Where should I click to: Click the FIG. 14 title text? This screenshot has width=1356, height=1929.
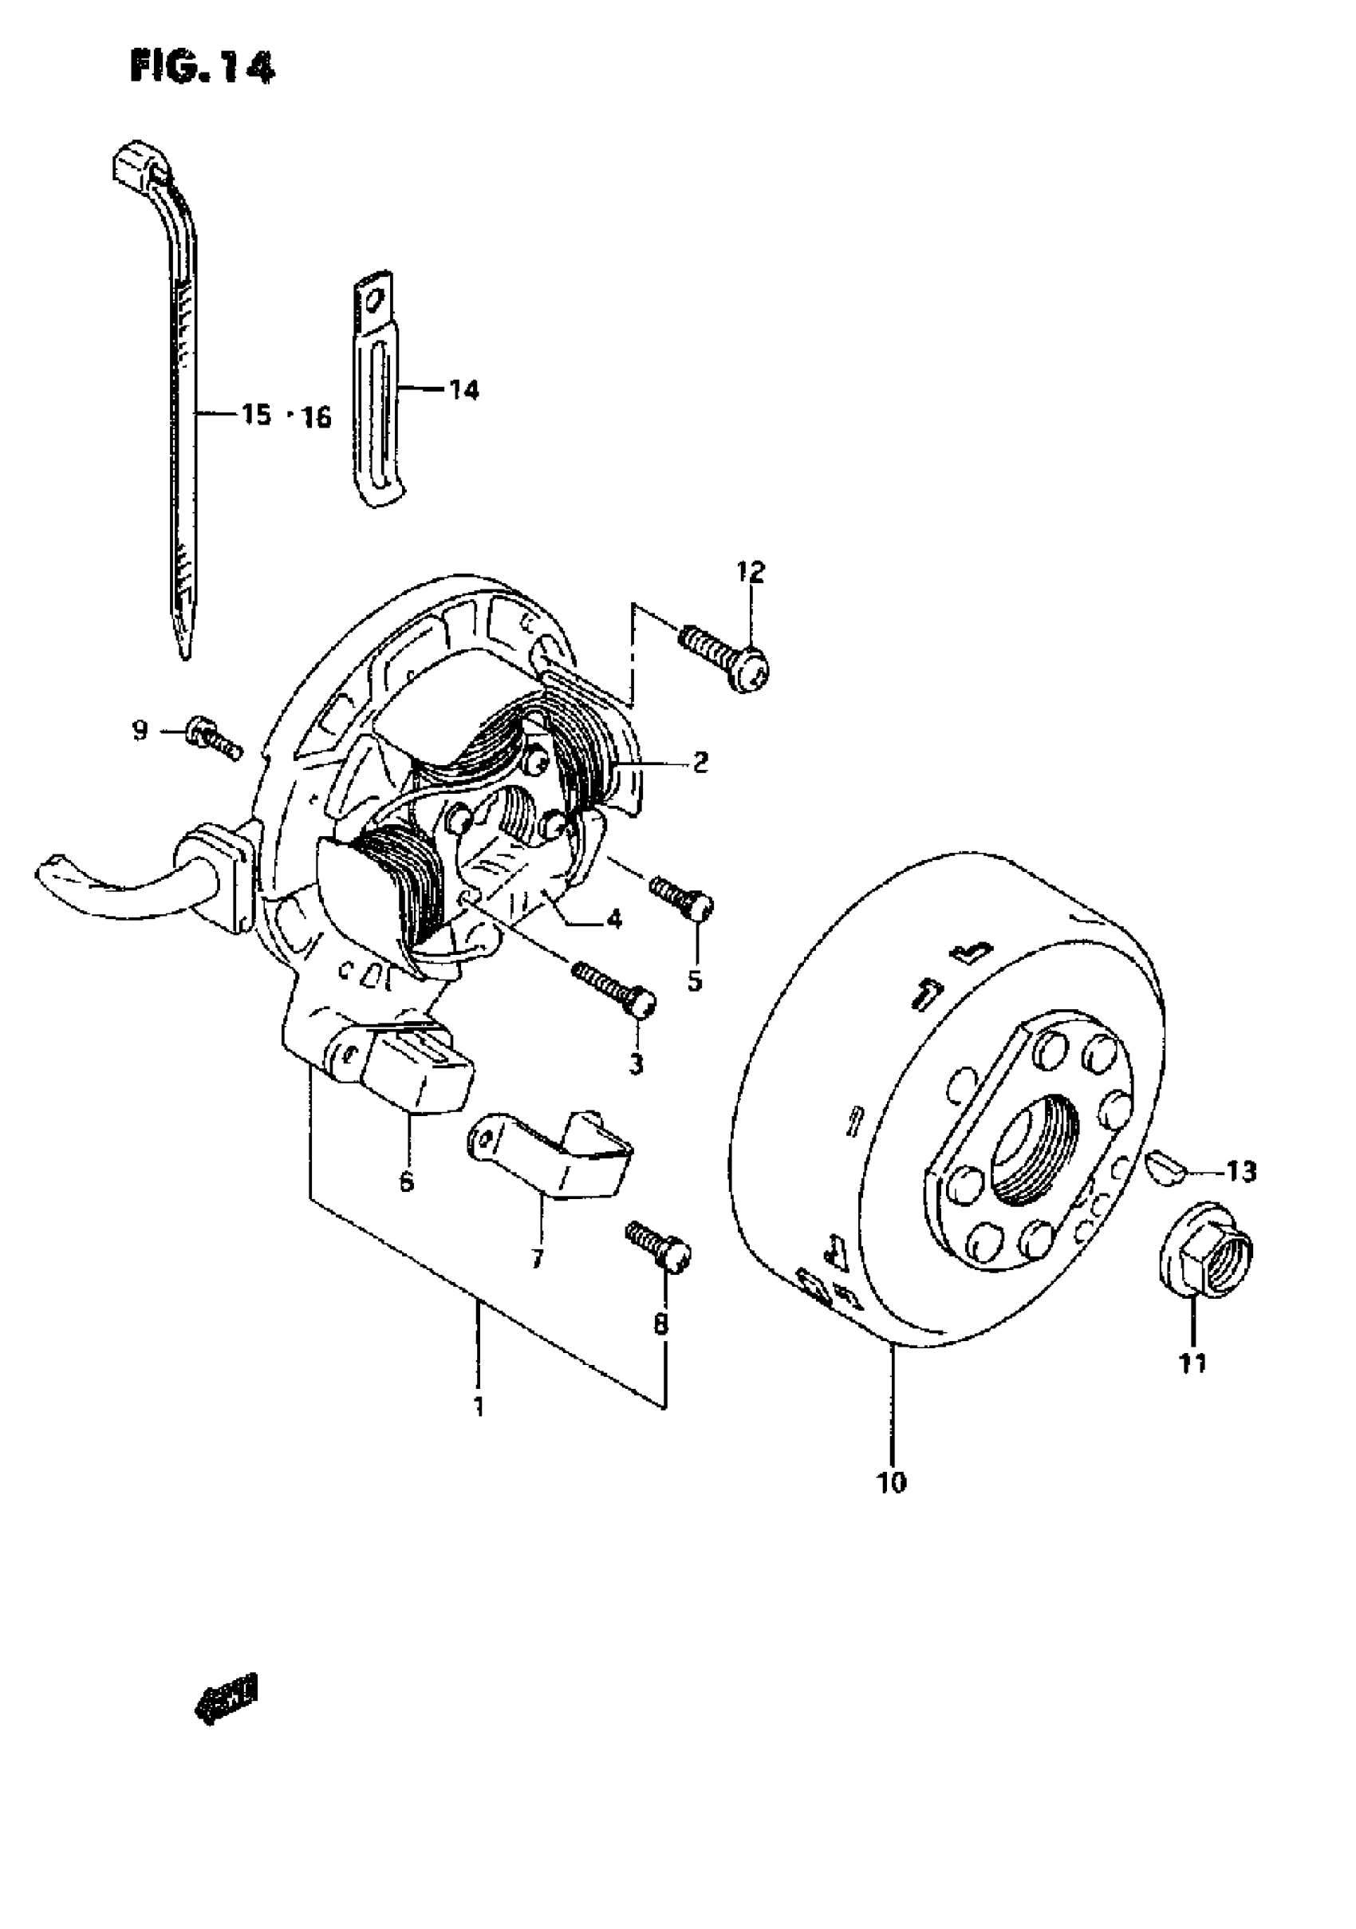point(202,67)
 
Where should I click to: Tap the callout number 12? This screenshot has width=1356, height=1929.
point(751,573)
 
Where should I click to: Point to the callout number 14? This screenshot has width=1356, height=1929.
point(463,390)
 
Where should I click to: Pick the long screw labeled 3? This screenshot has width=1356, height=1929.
point(614,986)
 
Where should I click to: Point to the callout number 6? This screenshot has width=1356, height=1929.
point(407,1182)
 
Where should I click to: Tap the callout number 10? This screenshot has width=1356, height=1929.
point(893,1483)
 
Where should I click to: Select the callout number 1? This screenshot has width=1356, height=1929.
point(479,1406)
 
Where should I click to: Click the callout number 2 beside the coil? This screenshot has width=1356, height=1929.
point(700,762)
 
